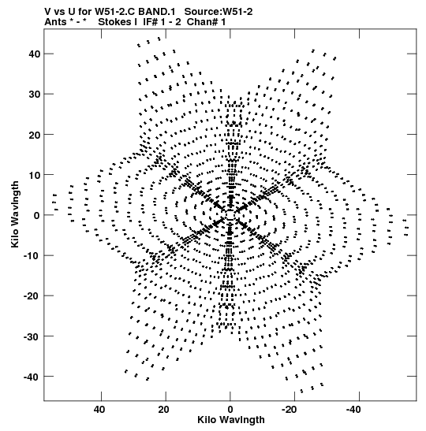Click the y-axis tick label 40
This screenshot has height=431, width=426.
tap(35, 54)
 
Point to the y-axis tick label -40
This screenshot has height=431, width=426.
tap(32, 377)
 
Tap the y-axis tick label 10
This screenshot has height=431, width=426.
tap(35, 175)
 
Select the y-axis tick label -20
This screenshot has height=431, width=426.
tap(32, 296)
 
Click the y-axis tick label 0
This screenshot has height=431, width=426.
tap(37, 215)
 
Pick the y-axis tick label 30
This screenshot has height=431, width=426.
tap(35, 95)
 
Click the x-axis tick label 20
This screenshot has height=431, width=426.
tap(163, 410)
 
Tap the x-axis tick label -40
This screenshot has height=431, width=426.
tap(353, 410)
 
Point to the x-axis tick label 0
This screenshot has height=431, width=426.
tap(230, 410)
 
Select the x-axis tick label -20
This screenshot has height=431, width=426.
tap(290, 410)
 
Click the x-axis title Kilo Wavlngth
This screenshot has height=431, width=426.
tap(231, 420)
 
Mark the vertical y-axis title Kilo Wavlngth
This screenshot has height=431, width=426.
tap(15, 214)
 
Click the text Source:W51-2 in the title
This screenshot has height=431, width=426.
tap(219, 12)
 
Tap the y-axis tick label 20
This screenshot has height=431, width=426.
tap(35, 135)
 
